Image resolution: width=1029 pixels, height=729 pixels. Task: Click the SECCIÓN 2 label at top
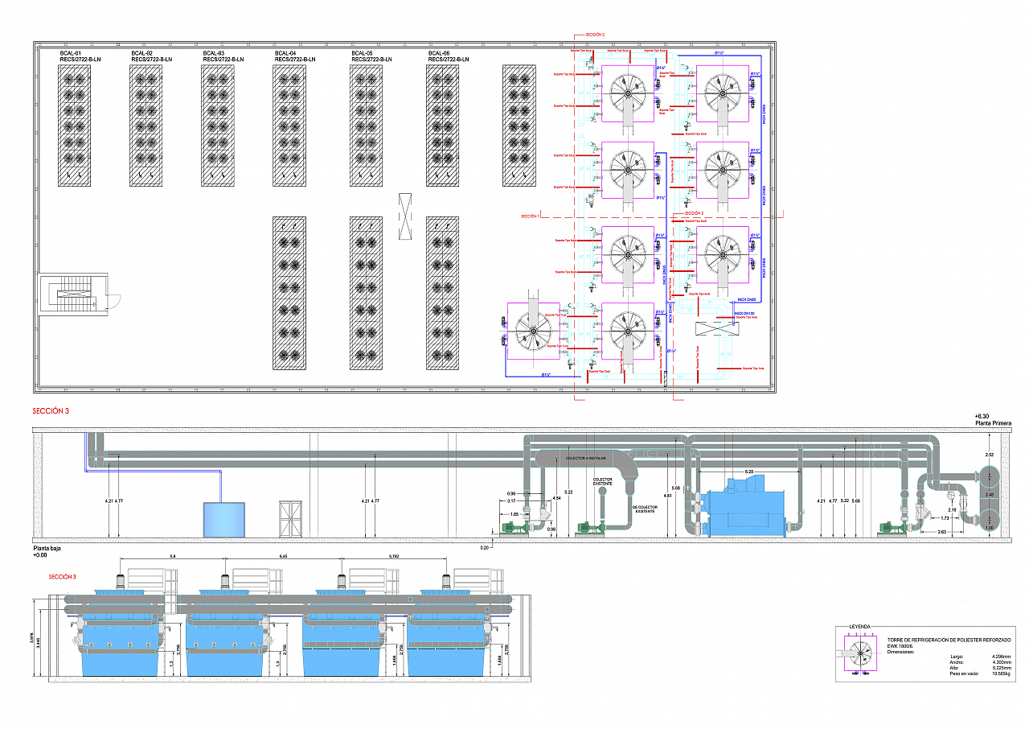[595, 35]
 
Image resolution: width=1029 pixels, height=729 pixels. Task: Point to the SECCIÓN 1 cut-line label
[530, 216]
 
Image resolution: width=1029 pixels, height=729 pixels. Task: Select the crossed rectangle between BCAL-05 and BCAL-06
[406, 216]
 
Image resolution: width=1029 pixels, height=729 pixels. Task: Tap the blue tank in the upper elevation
[223, 520]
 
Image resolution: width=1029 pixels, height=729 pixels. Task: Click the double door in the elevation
[291, 519]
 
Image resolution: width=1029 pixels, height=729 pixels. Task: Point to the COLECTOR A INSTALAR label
[588, 458]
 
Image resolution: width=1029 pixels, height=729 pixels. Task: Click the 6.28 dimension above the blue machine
[748, 472]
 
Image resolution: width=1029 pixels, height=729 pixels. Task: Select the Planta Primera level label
[993, 423]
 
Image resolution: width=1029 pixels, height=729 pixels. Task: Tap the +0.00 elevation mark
[41, 554]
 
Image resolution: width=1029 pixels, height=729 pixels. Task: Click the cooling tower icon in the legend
[861, 654]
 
